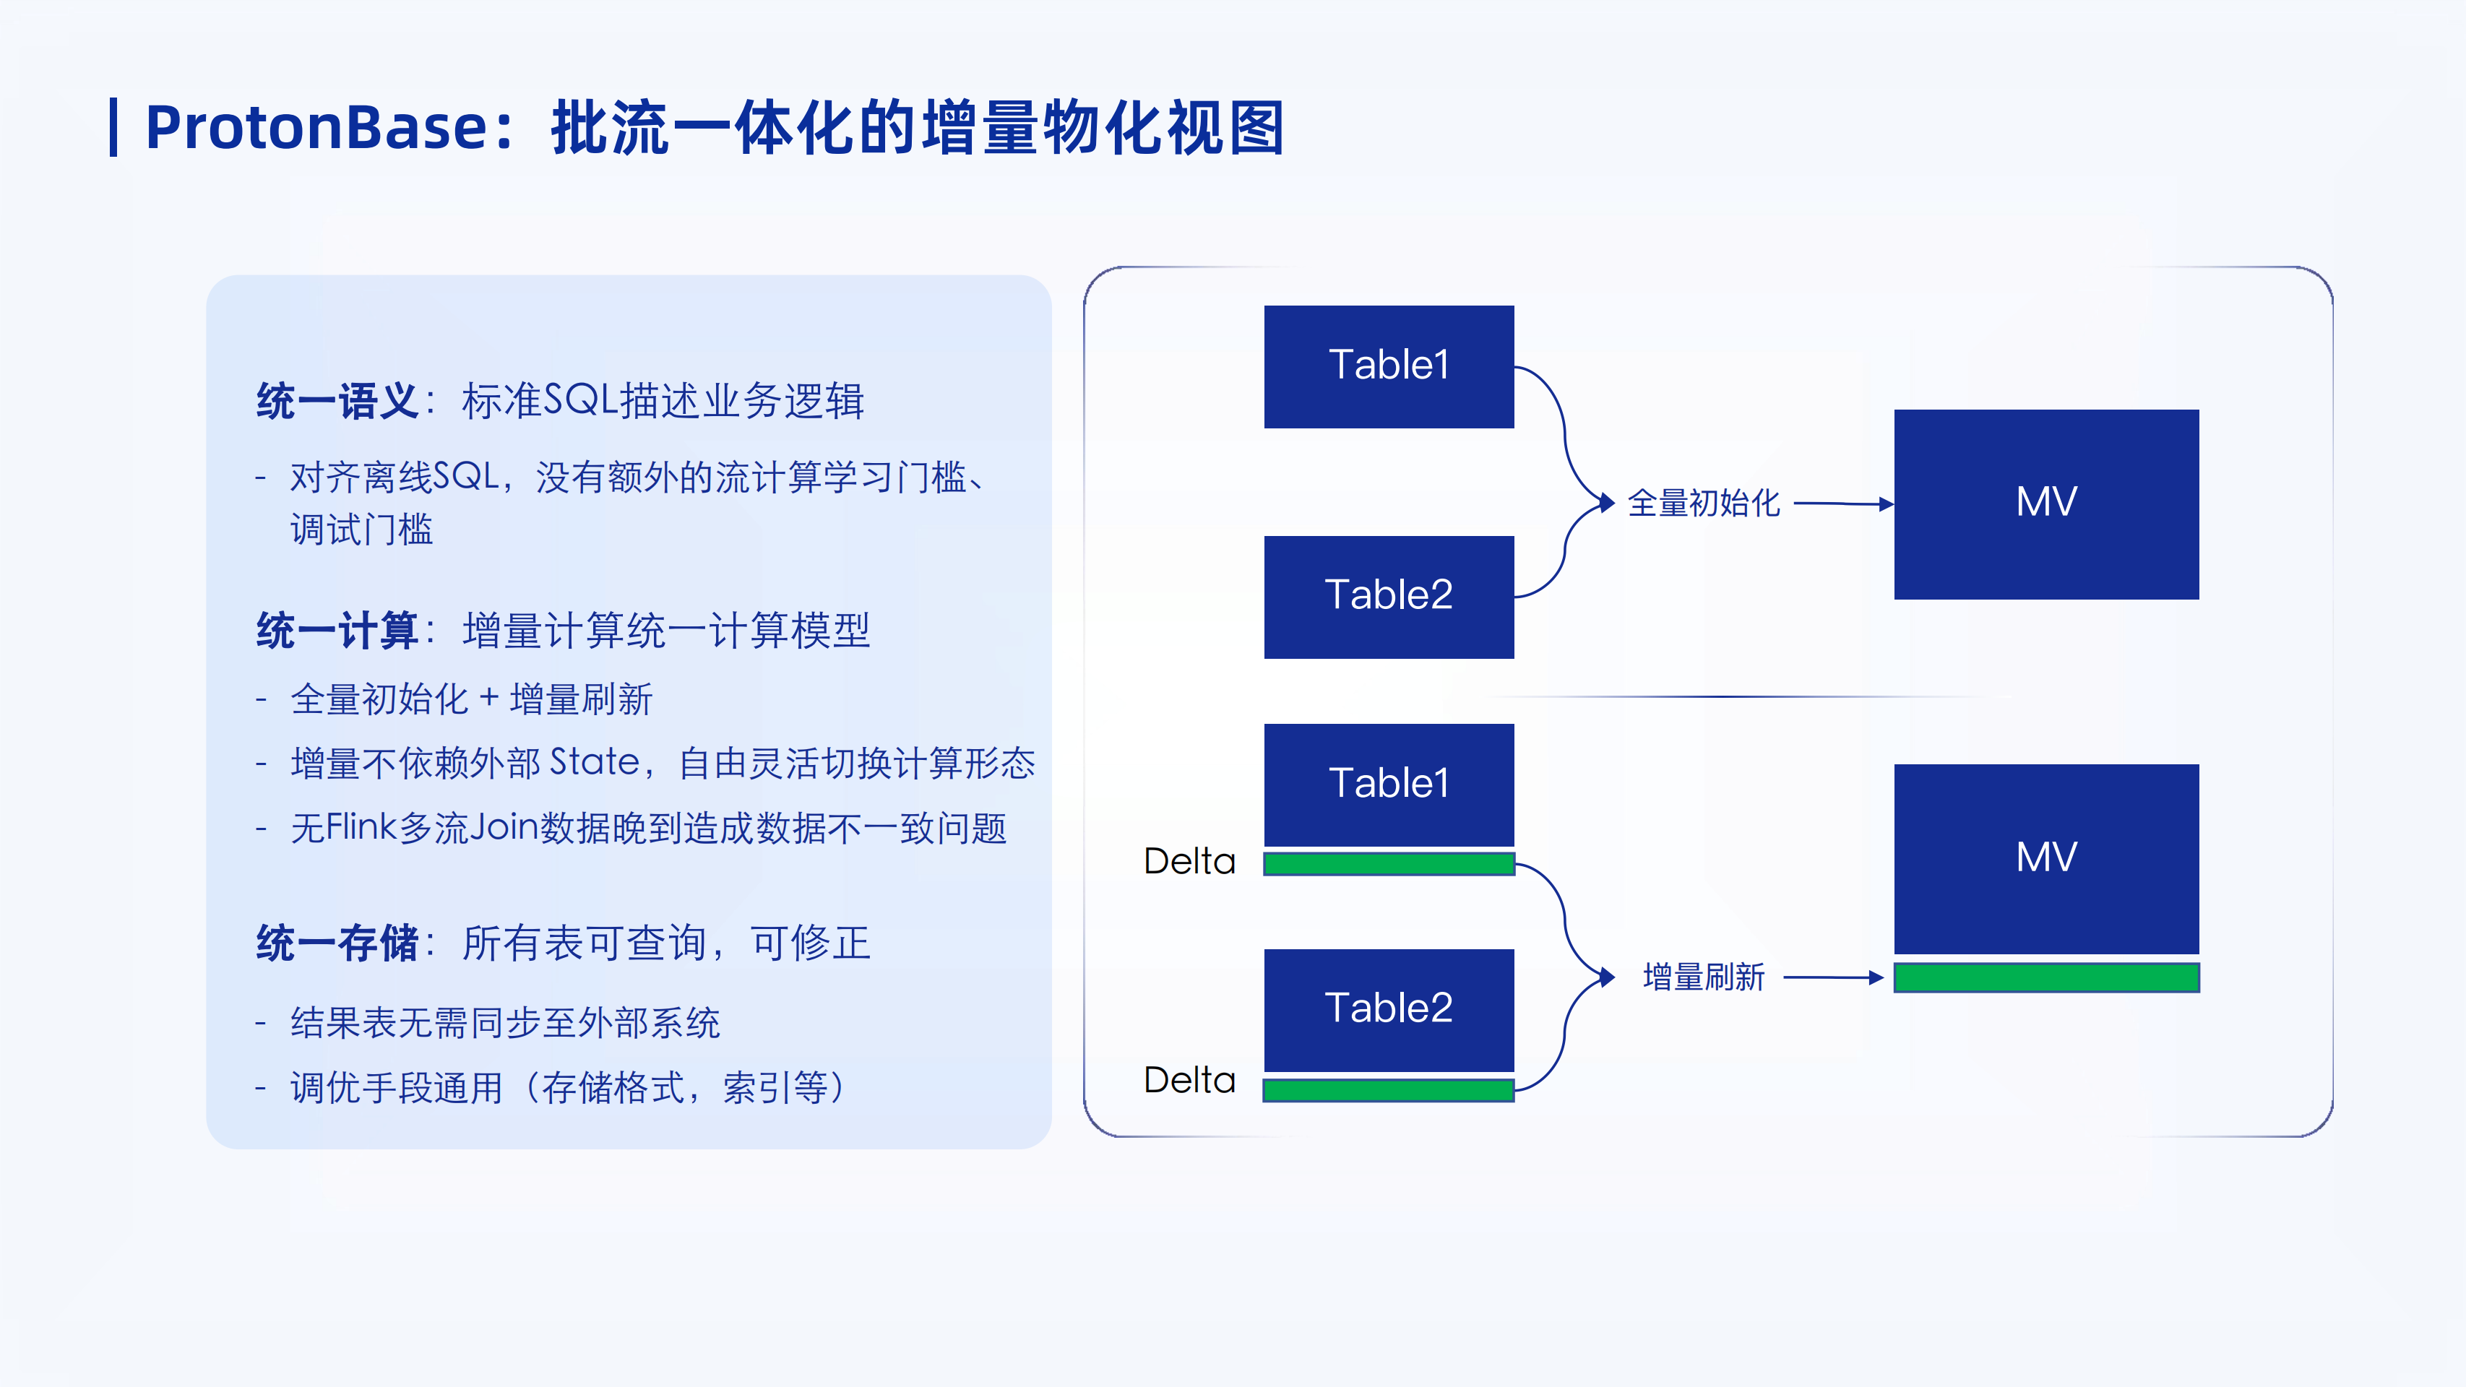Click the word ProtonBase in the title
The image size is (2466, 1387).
(x=316, y=127)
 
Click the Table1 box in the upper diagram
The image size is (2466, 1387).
(x=1388, y=366)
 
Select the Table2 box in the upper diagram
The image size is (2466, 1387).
(x=1388, y=597)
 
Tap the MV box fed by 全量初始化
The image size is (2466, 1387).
(x=2045, y=504)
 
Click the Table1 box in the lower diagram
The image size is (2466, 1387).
(x=1388, y=784)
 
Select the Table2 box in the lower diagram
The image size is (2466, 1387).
(x=1388, y=1009)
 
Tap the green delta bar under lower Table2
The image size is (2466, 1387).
(x=1388, y=1090)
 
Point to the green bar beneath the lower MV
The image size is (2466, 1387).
(x=2045, y=977)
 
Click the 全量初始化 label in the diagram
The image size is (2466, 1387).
(x=1703, y=504)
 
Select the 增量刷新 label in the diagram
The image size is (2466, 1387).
(x=1703, y=977)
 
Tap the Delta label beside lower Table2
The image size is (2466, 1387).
(x=1189, y=1081)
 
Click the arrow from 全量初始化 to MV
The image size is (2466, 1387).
(x=1842, y=504)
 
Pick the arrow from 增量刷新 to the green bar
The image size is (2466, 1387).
(x=1832, y=977)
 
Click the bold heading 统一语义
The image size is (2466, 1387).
(x=337, y=401)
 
